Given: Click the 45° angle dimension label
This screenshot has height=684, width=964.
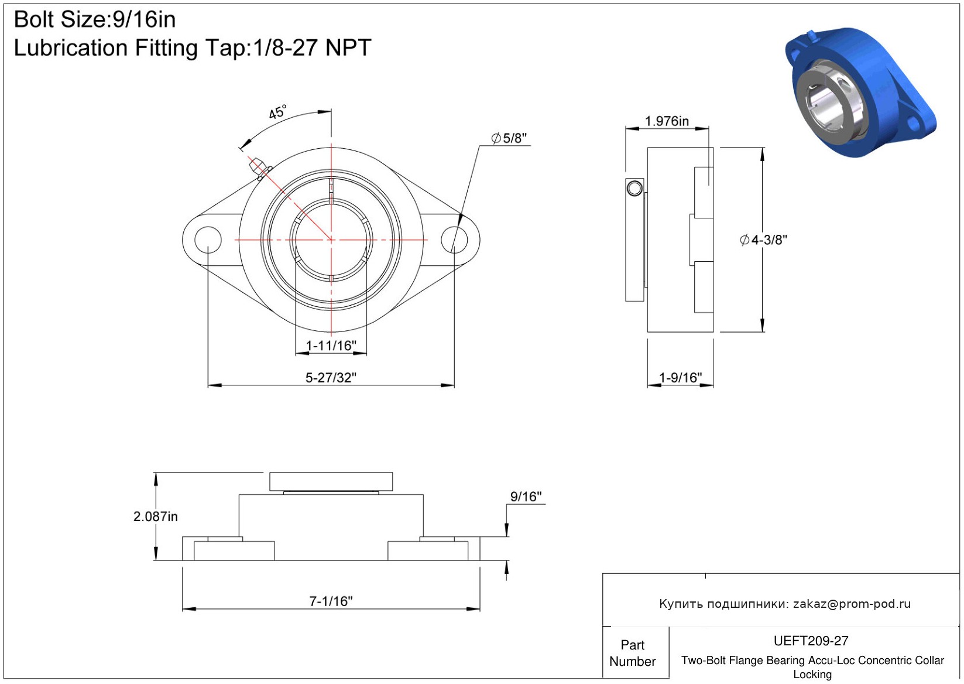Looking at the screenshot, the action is click(x=277, y=112).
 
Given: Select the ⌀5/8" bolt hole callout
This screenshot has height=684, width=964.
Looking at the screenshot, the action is click(x=509, y=138).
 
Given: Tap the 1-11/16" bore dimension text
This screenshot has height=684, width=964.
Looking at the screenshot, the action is click(x=331, y=346).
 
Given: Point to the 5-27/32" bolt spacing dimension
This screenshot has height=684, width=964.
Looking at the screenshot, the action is click(x=331, y=378).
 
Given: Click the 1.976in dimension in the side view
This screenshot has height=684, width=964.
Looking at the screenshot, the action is click(x=667, y=121).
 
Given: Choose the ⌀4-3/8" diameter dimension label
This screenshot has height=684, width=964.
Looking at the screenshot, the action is click(x=763, y=240).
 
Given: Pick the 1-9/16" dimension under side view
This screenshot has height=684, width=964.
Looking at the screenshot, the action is click(x=680, y=378).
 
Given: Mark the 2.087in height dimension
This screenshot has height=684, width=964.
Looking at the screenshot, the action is click(x=155, y=516).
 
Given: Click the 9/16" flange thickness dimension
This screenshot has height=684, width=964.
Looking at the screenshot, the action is click(x=526, y=497).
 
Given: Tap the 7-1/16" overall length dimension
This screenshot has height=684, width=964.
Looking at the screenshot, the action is click(x=331, y=601).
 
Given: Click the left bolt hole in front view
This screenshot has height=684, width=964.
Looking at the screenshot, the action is click(x=208, y=240).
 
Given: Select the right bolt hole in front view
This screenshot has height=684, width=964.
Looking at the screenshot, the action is click(x=454, y=240).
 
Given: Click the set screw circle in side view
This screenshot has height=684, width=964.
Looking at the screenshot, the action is click(x=635, y=189).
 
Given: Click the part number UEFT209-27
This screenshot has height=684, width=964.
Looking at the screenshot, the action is click(x=811, y=641).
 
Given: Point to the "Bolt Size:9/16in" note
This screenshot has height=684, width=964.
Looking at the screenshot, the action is click(x=95, y=20).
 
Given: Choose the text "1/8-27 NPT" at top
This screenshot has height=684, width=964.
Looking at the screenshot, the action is click(x=312, y=48).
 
